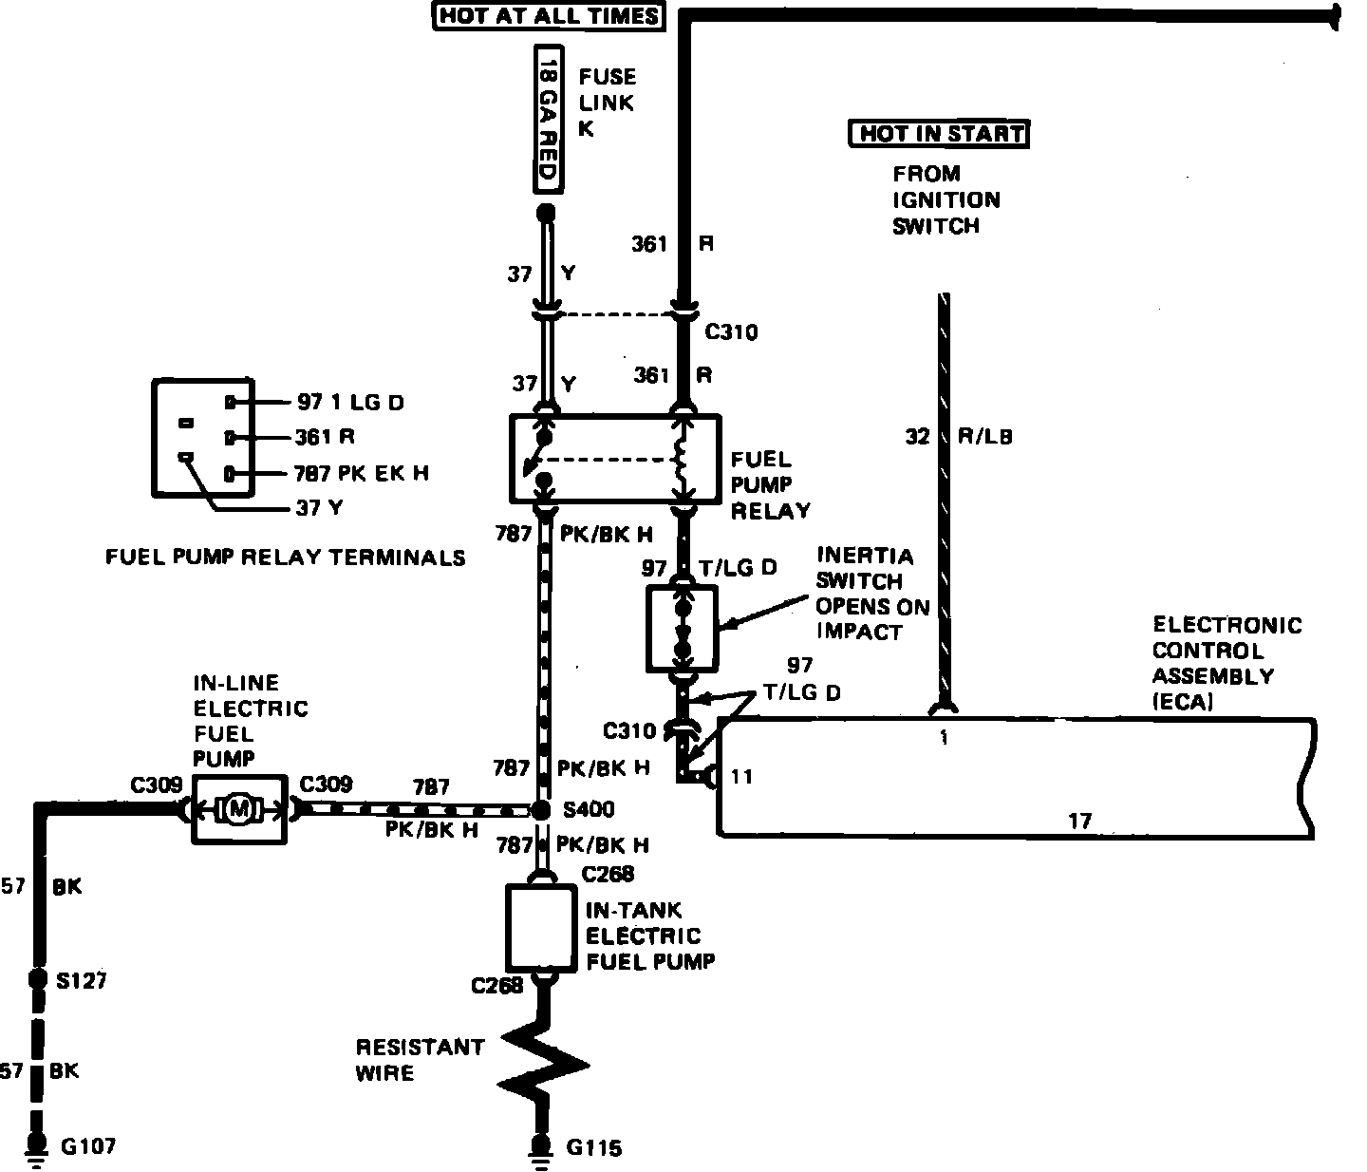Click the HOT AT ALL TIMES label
pyautogui.click(x=548, y=16)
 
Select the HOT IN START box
pyautogui.click(x=939, y=134)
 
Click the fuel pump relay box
pyautogui.click(x=614, y=458)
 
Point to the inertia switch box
pyautogui.click(x=682, y=628)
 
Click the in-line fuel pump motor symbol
pyautogui.click(x=239, y=809)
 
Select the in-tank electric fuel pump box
pyautogui.click(x=542, y=929)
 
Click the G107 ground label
pyautogui.click(x=88, y=1146)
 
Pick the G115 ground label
pyautogui.click(x=594, y=1148)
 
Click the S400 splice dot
pyautogui.click(x=540, y=810)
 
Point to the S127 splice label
pyautogui.click(x=81, y=981)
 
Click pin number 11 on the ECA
pyautogui.click(x=742, y=777)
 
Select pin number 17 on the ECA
pyautogui.click(x=1079, y=820)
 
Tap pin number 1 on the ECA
pyautogui.click(x=944, y=736)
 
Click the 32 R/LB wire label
pyautogui.click(x=959, y=437)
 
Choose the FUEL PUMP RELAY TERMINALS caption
pyautogui.click(x=286, y=558)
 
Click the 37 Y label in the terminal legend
pyautogui.click(x=319, y=508)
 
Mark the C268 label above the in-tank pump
pyautogui.click(x=609, y=874)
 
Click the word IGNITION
pyautogui.click(x=946, y=199)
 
